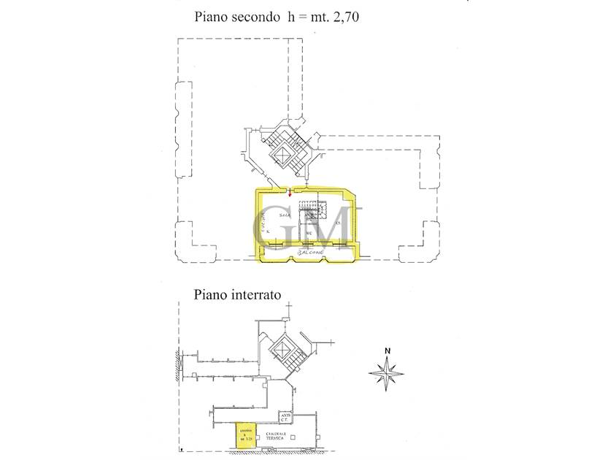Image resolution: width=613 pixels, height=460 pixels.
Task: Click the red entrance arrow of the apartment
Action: [x=290, y=193]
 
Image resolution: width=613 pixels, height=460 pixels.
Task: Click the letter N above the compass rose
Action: [x=388, y=350]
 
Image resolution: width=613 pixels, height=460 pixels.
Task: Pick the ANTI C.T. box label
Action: [x=285, y=418]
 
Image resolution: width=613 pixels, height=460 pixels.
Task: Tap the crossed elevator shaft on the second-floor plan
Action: [x=282, y=153]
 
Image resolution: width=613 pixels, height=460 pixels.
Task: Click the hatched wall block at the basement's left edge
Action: [x=177, y=364]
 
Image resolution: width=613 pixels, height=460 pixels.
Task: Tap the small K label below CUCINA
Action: [x=269, y=233]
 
